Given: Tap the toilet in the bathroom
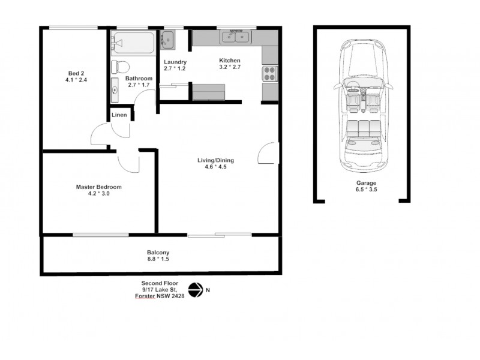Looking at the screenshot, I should pyautogui.click(x=119, y=65).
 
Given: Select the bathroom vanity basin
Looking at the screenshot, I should pyautogui.click(x=115, y=91).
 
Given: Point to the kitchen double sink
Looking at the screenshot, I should pyautogui.click(x=236, y=38).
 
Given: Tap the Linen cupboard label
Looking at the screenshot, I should pyautogui.click(x=119, y=115).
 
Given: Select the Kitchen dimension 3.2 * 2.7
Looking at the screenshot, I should pyautogui.click(x=229, y=68).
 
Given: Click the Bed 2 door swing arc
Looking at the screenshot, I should pyautogui.click(x=98, y=135).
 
